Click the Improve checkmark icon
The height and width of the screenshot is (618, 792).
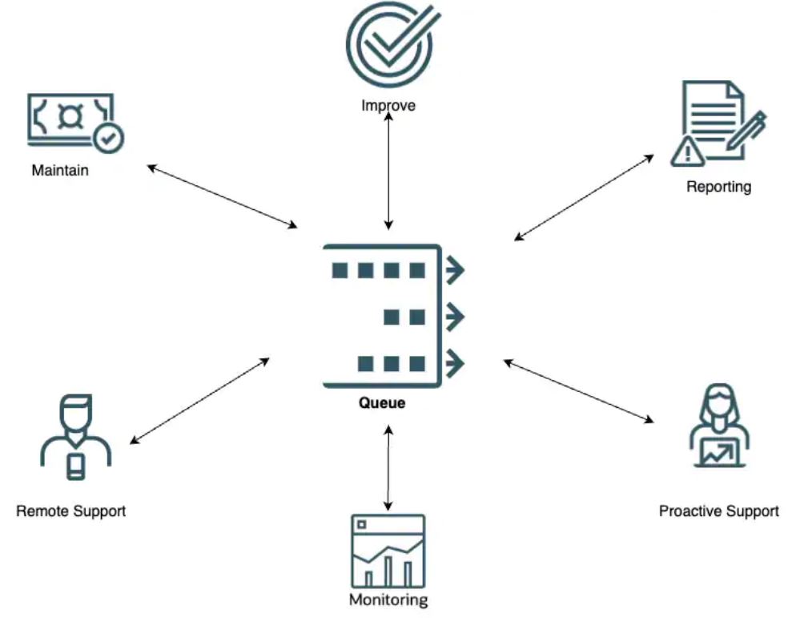pos(388,46)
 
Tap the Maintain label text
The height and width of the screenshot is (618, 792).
pos(60,171)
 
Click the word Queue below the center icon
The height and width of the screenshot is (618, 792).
pos(382,403)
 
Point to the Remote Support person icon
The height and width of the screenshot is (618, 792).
pos(75,437)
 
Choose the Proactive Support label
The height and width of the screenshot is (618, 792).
pos(718,511)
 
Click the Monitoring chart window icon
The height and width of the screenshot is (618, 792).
pos(388,551)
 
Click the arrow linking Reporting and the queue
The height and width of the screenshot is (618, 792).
pos(584,197)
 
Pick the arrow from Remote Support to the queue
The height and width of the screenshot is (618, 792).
pos(200,400)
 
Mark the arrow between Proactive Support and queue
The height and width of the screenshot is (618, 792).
pos(578,390)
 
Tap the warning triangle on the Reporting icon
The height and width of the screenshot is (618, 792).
pos(686,151)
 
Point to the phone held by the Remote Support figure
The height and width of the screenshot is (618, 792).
pos(75,466)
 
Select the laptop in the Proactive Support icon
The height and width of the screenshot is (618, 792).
pos(720,454)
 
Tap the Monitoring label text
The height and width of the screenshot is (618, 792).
pos(388,600)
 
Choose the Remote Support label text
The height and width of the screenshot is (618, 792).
pos(71,511)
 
